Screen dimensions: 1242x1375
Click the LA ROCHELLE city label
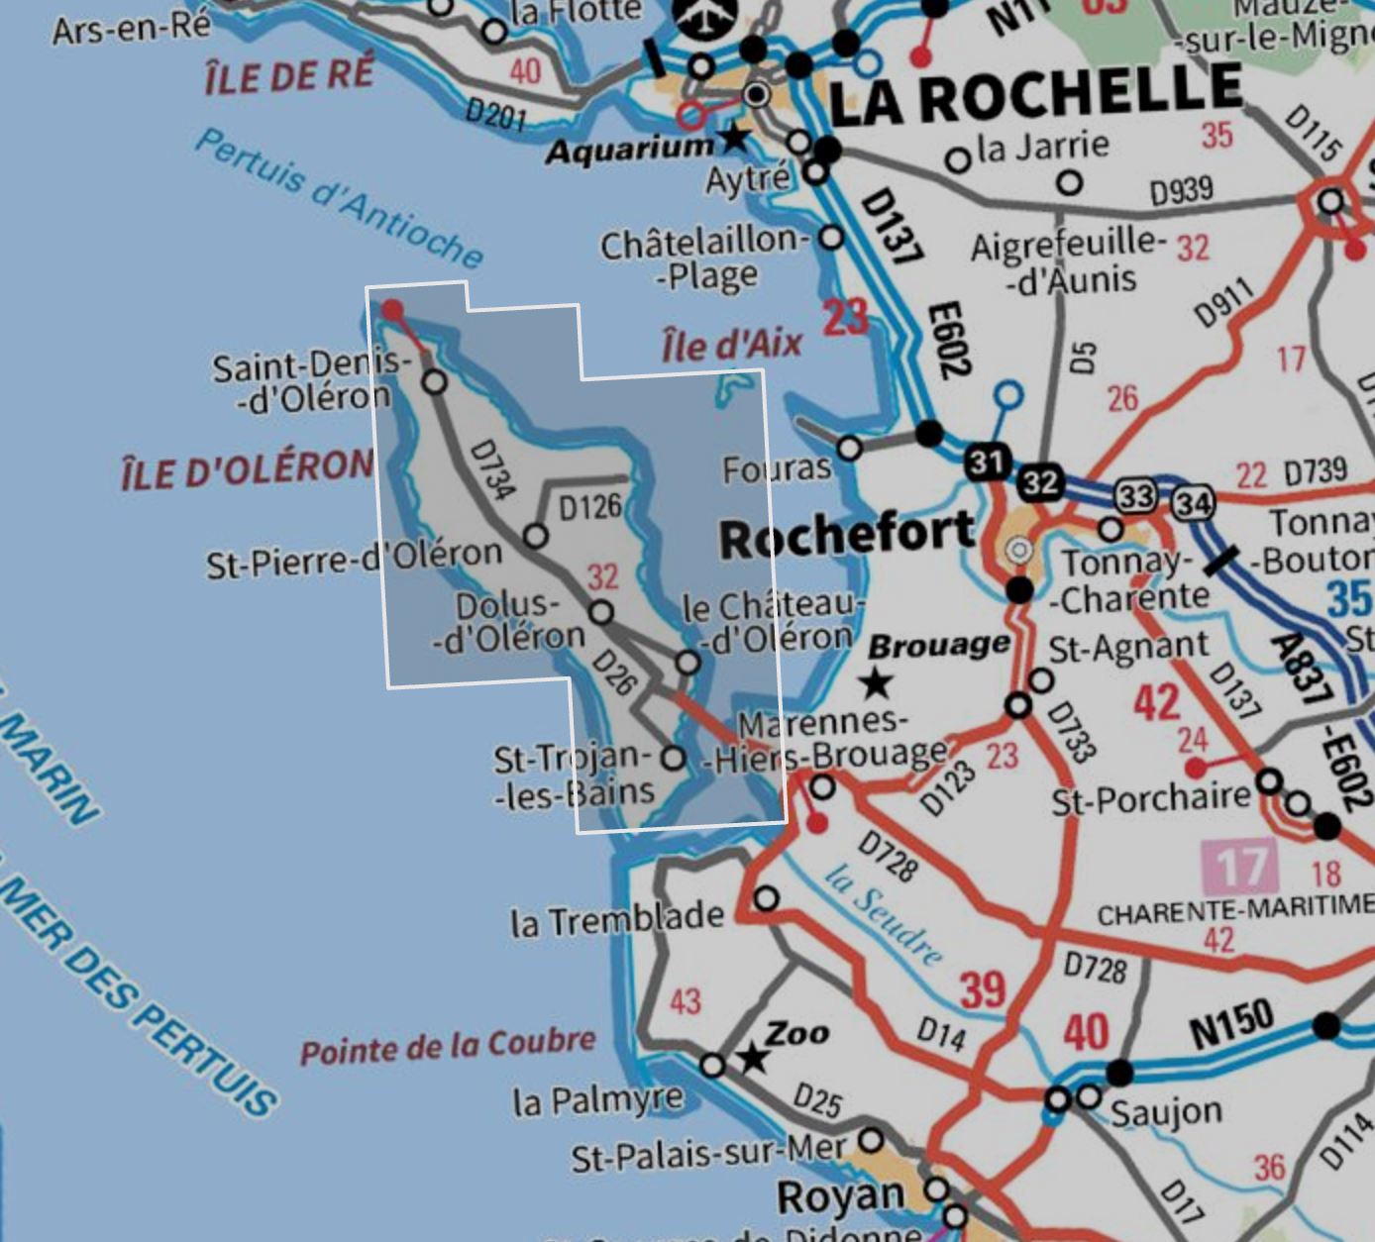[1035, 93]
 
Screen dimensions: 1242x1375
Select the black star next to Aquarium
[734, 137]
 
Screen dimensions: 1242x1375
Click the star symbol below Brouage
[876, 682]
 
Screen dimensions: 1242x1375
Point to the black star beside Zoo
[754, 1058]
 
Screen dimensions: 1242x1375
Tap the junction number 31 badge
[987, 462]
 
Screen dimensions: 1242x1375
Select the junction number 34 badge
[1193, 504]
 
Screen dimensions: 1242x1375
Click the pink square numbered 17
[1238, 867]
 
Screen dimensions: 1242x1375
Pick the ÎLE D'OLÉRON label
[247, 469]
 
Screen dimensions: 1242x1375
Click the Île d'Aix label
[731, 345]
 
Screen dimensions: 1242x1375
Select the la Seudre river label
[884, 914]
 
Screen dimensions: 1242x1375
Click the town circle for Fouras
[849, 449]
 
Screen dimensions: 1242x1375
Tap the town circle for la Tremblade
[766, 899]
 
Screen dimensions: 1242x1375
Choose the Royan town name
[840, 1196]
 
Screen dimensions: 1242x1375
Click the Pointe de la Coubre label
[448, 1046]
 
